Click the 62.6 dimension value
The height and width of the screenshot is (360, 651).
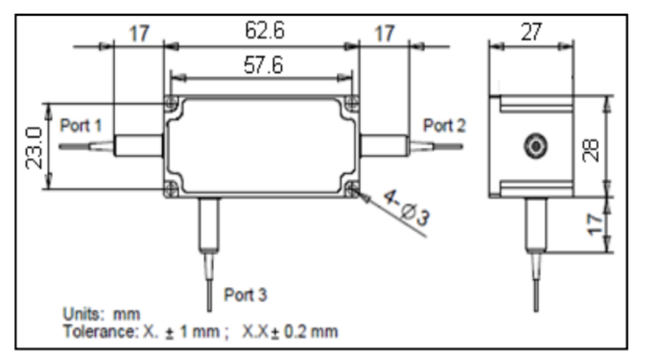(x=264, y=31)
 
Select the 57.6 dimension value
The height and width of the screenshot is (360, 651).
(x=263, y=65)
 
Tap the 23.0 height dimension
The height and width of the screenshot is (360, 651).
(x=34, y=148)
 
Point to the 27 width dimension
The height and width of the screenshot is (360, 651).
(x=531, y=32)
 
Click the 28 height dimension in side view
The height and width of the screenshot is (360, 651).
(x=591, y=150)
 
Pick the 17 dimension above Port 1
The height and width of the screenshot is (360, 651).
(x=139, y=33)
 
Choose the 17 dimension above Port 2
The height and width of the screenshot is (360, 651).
(x=384, y=33)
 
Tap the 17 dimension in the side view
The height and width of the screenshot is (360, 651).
(x=595, y=224)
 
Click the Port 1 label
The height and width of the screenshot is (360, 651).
(x=81, y=125)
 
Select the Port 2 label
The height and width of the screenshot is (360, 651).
(x=444, y=125)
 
